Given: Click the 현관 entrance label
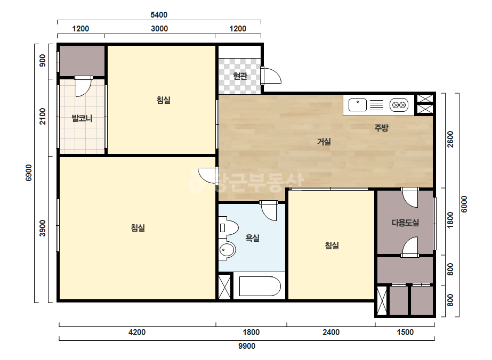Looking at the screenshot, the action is click(240, 76).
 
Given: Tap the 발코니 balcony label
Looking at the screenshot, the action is click(82, 119).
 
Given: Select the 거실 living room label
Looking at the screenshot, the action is click(324, 142).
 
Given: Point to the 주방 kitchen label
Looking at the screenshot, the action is click(381, 128).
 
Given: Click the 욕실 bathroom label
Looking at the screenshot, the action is click(252, 238).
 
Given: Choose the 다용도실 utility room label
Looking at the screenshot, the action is click(405, 223).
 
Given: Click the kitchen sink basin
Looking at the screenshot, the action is click(357, 105).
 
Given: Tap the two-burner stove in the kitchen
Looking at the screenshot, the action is click(399, 105).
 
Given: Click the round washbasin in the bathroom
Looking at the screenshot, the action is click(227, 250).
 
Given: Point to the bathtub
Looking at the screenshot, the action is click(260, 286).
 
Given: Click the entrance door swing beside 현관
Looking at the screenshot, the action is click(271, 76).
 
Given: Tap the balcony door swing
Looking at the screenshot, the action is click(84, 86).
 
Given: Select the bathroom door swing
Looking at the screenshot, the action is click(269, 211).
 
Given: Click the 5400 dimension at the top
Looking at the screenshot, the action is click(159, 15).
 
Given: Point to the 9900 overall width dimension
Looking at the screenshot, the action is click(247, 346).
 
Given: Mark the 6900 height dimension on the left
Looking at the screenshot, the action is click(29, 173).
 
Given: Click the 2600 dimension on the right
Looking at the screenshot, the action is click(450, 139).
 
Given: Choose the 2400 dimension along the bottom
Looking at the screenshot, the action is click(331, 332).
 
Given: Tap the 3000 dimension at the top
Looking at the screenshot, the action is click(159, 29).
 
